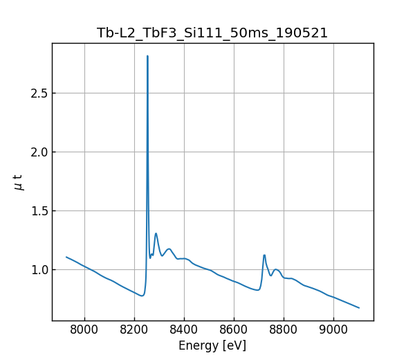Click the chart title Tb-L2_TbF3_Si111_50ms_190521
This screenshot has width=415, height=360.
pyautogui.click(x=212, y=33)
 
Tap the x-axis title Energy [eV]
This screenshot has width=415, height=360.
pyautogui.click(x=212, y=345)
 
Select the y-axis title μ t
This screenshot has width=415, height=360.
pyautogui.click(x=19, y=182)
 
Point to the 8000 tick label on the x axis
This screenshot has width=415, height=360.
pyautogui.click(x=84, y=330)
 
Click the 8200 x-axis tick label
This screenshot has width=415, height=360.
pyautogui.click(x=134, y=330)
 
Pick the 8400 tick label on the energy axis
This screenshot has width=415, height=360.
pyautogui.click(x=184, y=330)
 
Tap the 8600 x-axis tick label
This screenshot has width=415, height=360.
pyautogui.click(x=234, y=330)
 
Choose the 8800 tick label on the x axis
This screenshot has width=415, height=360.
pyautogui.click(x=284, y=330)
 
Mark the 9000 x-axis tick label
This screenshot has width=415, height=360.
pyautogui.click(x=333, y=330)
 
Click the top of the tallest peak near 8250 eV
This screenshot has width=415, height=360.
pyautogui.click(x=147, y=56)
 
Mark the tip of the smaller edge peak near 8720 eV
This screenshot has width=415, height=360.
pyautogui.click(x=264, y=255)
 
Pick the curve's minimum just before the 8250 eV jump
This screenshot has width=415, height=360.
pyautogui.click(x=142, y=296)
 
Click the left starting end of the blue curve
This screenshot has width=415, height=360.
pyautogui.click(x=66, y=257)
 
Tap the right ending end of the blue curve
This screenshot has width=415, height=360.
pyautogui.click(x=359, y=307)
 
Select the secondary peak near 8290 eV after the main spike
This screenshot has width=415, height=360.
pyautogui.click(x=156, y=233)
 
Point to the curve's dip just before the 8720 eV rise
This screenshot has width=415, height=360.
pyautogui.click(x=257, y=290)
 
